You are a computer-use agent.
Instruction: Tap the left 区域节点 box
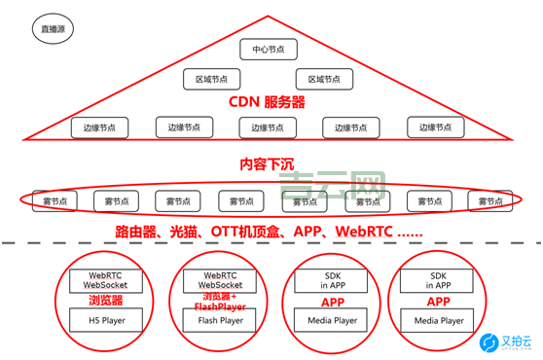(x=211, y=80)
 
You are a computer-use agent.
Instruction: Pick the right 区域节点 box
(x=324, y=80)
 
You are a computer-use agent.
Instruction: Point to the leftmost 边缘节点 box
(x=98, y=127)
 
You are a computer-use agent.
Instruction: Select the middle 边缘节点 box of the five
(x=267, y=127)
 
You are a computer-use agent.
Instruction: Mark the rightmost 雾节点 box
(x=489, y=201)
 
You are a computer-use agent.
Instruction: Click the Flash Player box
(x=221, y=319)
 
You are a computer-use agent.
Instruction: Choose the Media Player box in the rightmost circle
(x=440, y=319)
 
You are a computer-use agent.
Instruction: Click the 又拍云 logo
(x=503, y=342)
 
